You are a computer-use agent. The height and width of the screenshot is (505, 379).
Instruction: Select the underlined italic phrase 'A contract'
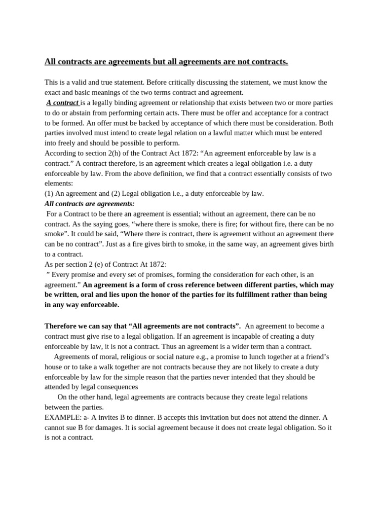(63, 103)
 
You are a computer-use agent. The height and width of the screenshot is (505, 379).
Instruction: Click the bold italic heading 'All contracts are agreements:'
(89, 204)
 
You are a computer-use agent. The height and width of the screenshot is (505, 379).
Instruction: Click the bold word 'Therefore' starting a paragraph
(62, 326)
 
